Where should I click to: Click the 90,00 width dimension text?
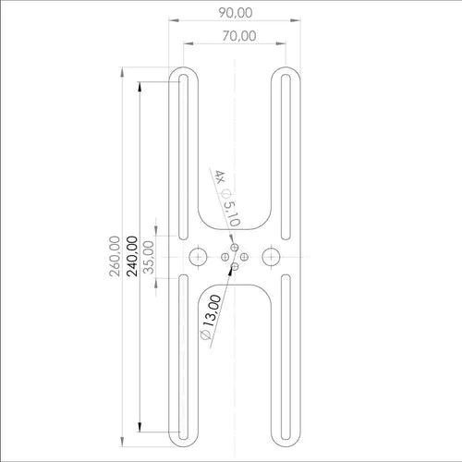[236, 13]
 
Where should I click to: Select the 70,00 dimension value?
[239, 36]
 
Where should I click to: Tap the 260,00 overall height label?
[115, 256]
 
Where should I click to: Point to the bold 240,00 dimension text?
[132, 256]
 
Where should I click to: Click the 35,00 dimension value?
[149, 257]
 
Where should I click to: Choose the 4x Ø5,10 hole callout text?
[227, 198]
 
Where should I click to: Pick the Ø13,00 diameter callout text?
[211, 317]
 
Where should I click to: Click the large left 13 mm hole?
[198, 257]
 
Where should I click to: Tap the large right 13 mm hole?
[271, 257]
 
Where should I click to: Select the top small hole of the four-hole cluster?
[235, 248]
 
